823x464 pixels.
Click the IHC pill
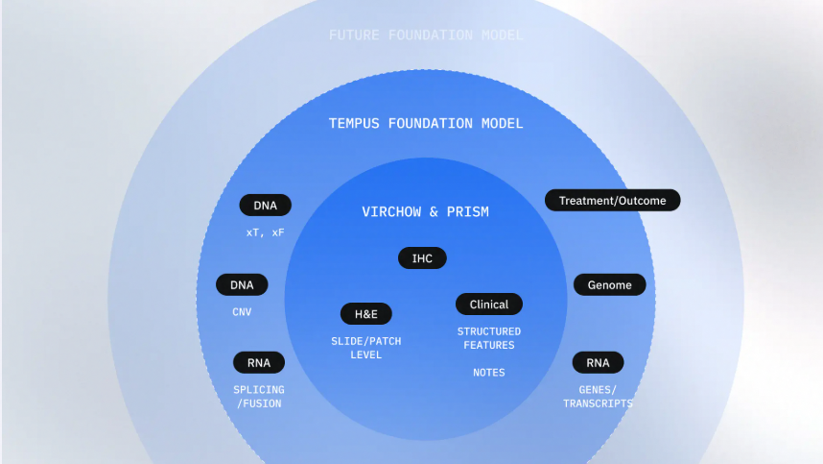point(422,258)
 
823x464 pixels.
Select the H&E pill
point(365,314)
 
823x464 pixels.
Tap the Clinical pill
point(488,305)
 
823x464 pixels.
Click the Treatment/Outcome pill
point(613,200)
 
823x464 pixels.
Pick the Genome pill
point(609,284)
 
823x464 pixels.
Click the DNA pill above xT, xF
point(265,205)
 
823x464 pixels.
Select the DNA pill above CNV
point(242,284)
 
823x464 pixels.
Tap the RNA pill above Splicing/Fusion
point(259,362)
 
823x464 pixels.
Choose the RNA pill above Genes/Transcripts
point(598,362)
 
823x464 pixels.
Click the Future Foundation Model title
point(426,36)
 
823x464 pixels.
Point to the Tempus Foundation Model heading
point(426,124)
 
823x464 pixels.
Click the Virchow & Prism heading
point(425,211)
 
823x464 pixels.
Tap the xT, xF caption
point(265,232)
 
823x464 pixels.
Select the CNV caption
point(242,312)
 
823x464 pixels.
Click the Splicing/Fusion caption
point(259,397)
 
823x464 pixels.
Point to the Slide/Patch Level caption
point(365,348)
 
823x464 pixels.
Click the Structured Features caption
point(488,338)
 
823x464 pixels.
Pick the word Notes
point(488,373)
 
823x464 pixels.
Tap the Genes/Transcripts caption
point(598,397)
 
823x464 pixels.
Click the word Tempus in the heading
point(354,124)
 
